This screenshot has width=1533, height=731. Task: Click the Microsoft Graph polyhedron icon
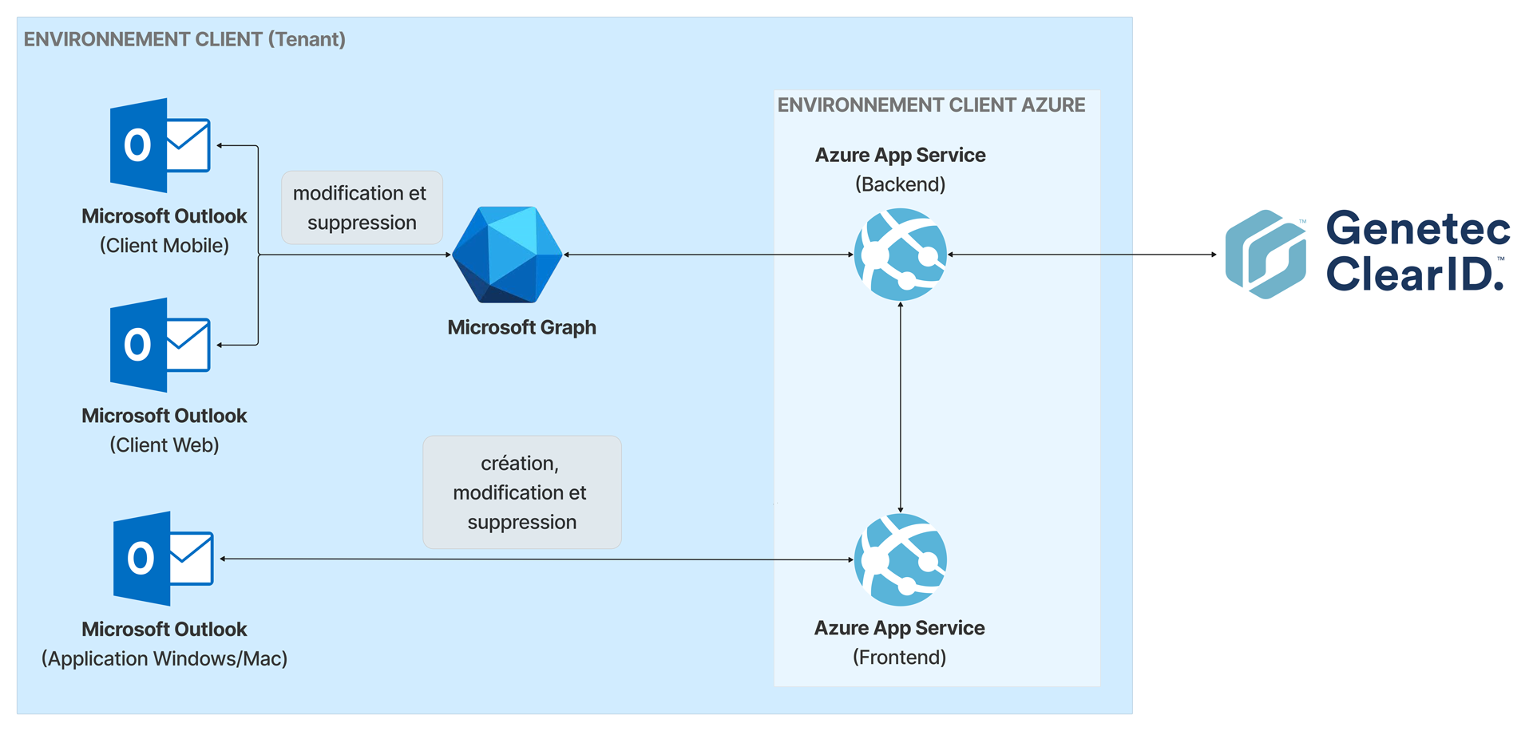pyautogui.click(x=507, y=255)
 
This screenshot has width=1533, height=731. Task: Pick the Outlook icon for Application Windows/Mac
pyautogui.click(x=164, y=559)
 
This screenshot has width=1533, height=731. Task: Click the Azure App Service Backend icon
pyautogui.click(x=901, y=255)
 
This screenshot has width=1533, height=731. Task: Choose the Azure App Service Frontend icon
pyautogui.click(x=901, y=559)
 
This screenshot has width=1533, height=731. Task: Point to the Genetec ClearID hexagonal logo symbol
pyautogui.click(x=1266, y=255)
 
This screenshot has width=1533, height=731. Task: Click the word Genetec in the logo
pyautogui.click(x=1418, y=228)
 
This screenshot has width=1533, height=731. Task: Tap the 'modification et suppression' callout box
pyautogui.click(x=362, y=207)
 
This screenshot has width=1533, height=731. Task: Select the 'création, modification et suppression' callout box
pyautogui.click(x=521, y=492)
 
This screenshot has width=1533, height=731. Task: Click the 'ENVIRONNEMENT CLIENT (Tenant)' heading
pyautogui.click(x=184, y=39)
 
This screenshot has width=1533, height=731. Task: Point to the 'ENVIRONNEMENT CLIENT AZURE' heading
pyautogui.click(x=931, y=105)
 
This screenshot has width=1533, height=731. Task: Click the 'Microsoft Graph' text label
pyautogui.click(x=521, y=327)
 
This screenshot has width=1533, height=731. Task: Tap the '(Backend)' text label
pyautogui.click(x=900, y=184)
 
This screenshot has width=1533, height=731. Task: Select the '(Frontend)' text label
pyautogui.click(x=899, y=658)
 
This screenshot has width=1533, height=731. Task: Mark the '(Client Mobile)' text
pyautogui.click(x=164, y=246)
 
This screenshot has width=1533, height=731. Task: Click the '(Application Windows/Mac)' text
pyautogui.click(x=164, y=659)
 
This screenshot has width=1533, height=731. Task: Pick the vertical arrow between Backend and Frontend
pyautogui.click(x=901, y=407)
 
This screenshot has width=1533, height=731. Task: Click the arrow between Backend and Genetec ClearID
pyautogui.click(x=1082, y=255)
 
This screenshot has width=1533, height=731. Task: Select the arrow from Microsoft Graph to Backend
pyautogui.click(x=708, y=255)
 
